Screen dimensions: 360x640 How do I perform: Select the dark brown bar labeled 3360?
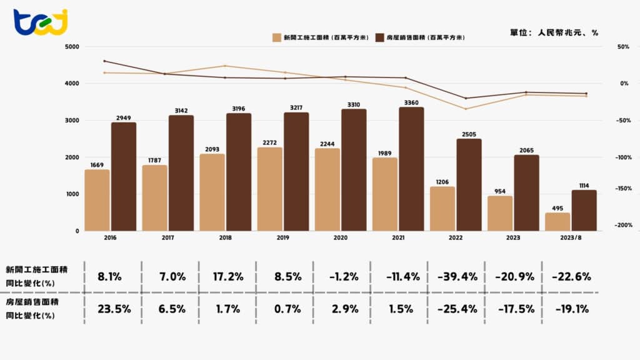click(x=411, y=169)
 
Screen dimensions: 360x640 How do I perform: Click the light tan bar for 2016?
click(x=97, y=200)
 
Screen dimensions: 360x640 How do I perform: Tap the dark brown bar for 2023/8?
click(x=584, y=211)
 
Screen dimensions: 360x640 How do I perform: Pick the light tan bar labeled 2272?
click(x=269, y=189)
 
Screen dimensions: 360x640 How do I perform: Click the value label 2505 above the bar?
click(x=468, y=133)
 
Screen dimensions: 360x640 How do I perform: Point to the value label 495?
click(x=557, y=207)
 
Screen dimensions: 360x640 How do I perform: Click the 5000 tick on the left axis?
click(x=72, y=47)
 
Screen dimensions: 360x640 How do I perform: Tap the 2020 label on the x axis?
click(x=341, y=238)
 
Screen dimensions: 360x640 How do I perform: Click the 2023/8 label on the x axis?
click(x=571, y=238)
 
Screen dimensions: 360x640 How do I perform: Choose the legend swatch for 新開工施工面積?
click(x=276, y=37)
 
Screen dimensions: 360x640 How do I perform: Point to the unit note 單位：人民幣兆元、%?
click(x=550, y=32)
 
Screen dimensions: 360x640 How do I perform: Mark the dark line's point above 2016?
click(x=104, y=61)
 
